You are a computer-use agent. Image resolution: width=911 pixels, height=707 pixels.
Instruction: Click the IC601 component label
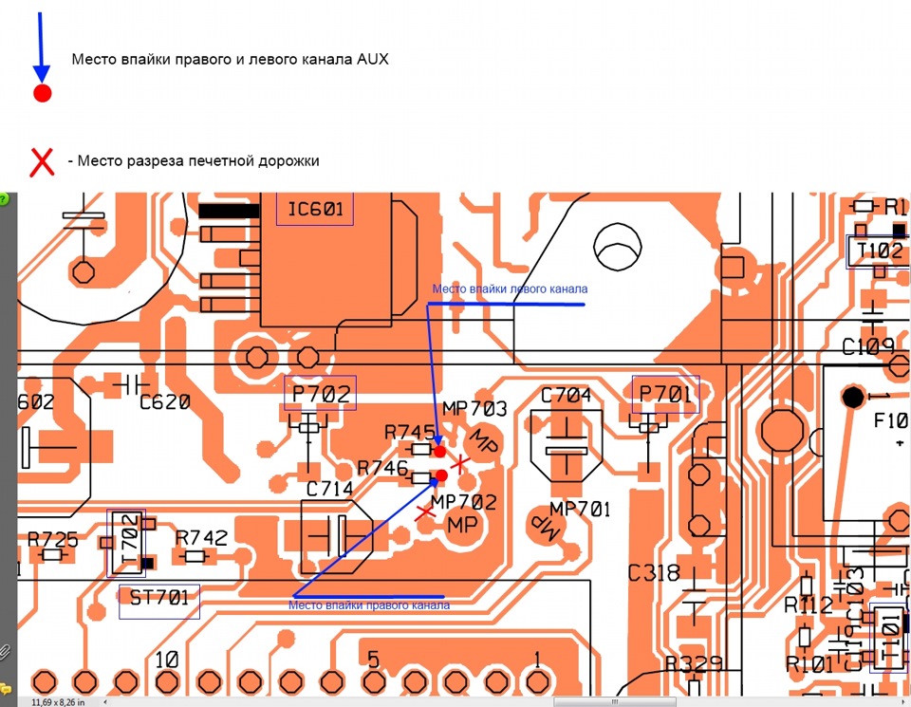pos(314,209)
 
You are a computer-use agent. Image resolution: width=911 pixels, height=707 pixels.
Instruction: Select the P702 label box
pos(320,393)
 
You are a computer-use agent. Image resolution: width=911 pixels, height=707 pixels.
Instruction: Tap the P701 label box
pos(666,393)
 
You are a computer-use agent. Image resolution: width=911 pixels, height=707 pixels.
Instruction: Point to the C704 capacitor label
pos(566,396)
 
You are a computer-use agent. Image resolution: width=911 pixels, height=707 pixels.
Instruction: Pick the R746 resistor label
pos(382,468)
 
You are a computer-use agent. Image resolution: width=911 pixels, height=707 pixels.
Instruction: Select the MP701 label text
pos(579,509)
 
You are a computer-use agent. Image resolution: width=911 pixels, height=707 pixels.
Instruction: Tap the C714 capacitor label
pos(329,490)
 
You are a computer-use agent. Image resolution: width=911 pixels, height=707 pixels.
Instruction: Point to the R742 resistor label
pos(201,538)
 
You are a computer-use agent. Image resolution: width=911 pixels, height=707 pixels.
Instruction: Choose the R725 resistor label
pos(53,538)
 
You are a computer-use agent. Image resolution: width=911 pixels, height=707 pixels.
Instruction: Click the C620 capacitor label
pos(165,402)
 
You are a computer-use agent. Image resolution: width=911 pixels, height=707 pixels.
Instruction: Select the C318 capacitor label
pos(654,573)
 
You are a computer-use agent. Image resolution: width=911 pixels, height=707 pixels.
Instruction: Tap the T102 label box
pos(879,251)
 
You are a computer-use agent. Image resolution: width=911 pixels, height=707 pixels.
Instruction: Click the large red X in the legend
pos(43,161)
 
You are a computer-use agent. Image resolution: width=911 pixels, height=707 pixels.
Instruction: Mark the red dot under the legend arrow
pos(42,93)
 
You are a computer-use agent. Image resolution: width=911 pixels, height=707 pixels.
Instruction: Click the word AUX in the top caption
pos(373,59)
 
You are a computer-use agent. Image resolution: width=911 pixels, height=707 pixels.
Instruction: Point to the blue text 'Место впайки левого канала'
pos(510,289)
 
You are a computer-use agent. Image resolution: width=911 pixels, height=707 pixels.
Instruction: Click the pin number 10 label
pos(167,660)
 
